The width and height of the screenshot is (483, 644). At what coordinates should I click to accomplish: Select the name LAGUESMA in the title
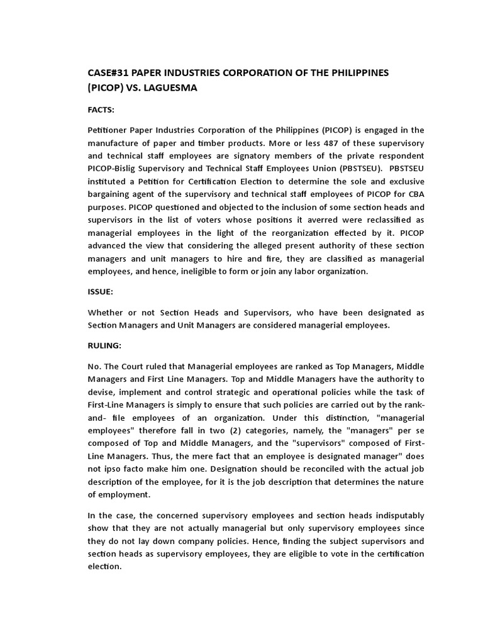click(x=170, y=88)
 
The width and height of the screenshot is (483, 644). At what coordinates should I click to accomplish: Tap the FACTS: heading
click(x=101, y=109)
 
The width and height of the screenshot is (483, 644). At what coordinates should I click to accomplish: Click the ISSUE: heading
click(x=101, y=292)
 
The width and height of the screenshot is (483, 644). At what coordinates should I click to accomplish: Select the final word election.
click(x=105, y=566)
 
